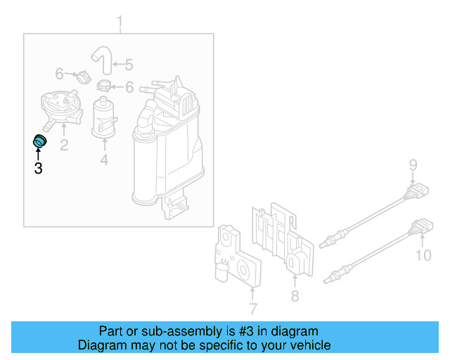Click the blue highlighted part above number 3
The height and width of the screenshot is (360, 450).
tap(39, 142)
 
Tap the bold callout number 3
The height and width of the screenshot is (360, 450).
tap(38, 168)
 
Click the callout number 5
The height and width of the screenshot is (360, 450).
tap(128, 65)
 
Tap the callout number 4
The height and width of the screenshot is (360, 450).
tap(104, 160)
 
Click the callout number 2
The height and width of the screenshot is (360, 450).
tap(63, 146)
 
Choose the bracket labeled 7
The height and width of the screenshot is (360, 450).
tap(236, 260)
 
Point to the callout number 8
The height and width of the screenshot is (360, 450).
tap(295, 297)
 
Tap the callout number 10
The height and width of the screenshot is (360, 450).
tap(423, 255)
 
